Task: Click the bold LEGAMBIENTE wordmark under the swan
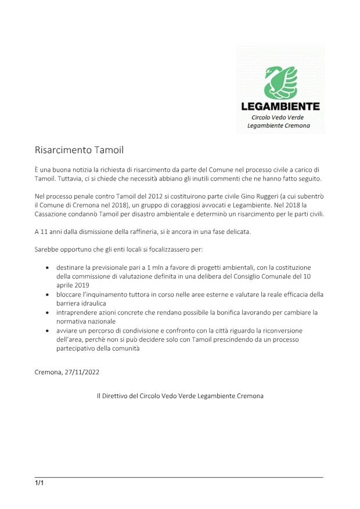click(280, 106)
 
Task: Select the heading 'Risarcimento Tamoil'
click(79, 150)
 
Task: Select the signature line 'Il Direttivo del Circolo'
click(180, 396)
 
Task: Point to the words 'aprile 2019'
click(73, 286)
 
